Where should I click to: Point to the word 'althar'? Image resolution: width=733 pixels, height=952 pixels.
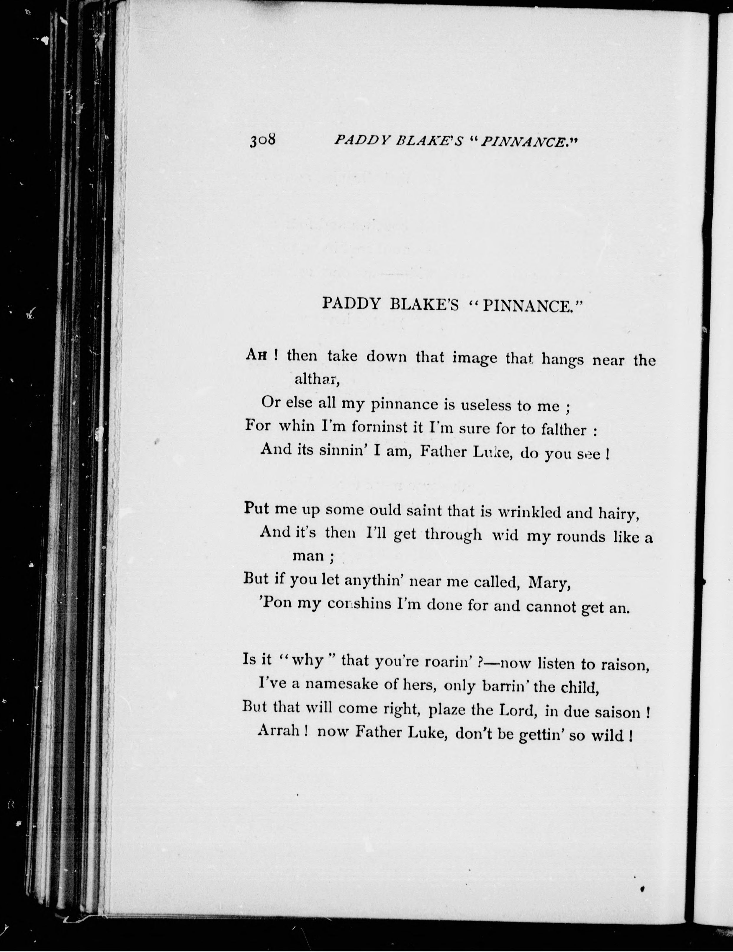[316, 379]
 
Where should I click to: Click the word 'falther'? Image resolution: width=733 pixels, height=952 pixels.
[563, 430]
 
